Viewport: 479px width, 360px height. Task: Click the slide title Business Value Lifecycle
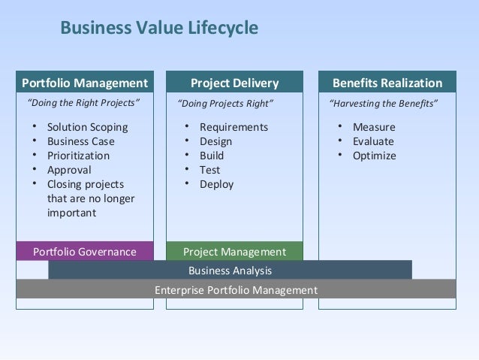click(x=159, y=29)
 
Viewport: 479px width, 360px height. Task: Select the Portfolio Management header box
click(x=85, y=83)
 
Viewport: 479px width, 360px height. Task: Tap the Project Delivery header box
click(x=234, y=83)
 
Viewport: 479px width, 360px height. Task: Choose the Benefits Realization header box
click(x=387, y=83)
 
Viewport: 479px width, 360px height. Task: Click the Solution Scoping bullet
click(x=87, y=127)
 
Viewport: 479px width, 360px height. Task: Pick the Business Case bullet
click(x=81, y=141)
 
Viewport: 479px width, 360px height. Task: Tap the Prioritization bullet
click(x=78, y=156)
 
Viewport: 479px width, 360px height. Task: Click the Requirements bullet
click(x=233, y=127)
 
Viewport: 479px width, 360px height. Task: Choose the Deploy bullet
click(x=216, y=184)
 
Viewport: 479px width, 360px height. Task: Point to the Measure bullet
click(x=373, y=127)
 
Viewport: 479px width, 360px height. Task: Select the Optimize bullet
click(x=374, y=156)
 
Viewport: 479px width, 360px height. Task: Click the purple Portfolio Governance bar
click(x=85, y=252)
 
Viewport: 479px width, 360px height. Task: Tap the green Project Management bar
click(x=234, y=252)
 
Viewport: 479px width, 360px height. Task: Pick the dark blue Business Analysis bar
click(x=230, y=271)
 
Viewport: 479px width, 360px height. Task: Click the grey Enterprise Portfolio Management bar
click(x=236, y=289)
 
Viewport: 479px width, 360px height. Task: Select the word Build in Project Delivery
click(x=212, y=156)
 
